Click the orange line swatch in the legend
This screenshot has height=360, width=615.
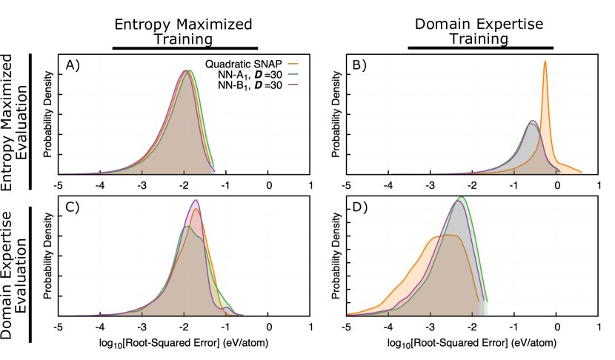[293, 64]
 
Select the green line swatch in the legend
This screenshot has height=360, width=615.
[293, 74]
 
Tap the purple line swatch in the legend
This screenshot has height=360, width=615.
[293, 84]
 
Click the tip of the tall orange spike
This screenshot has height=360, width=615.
[545, 62]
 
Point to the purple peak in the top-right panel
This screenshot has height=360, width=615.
[532, 121]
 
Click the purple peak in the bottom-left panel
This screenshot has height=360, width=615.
[196, 201]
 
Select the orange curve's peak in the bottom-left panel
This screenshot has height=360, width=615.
[196, 210]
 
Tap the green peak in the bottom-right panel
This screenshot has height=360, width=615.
[462, 198]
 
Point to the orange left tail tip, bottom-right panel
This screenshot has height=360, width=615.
[349, 314]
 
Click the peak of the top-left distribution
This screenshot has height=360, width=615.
[187, 71]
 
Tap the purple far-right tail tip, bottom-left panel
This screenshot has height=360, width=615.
[241, 315]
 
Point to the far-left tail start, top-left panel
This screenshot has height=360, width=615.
[61, 173]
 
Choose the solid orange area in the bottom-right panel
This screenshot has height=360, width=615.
[404, 285]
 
